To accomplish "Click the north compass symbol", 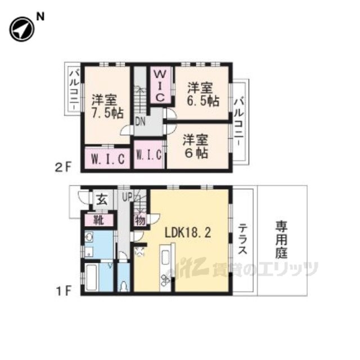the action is tap(22, 30).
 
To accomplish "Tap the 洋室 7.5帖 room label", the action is tap(107, 106).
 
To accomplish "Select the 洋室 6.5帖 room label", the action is tap(203, 94).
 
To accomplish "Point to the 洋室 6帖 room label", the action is tap(196, 147).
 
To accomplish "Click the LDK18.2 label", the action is tap(188, 233).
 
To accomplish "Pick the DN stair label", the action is tap(140, 122).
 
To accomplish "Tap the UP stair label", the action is tap(127, 197).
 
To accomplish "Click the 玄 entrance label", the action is tap(102, 200).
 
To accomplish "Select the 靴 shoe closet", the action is tap(98, 220).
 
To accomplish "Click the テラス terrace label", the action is tap(242, 239).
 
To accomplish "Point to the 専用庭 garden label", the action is tap(281, 240).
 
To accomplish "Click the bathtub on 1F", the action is tap(92, 277).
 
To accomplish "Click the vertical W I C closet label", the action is tap(160, 86).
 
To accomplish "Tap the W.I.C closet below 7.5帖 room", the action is tap(108, 159).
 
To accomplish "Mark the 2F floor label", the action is tap(64, 168).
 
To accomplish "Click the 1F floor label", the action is tap(64, 291).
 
